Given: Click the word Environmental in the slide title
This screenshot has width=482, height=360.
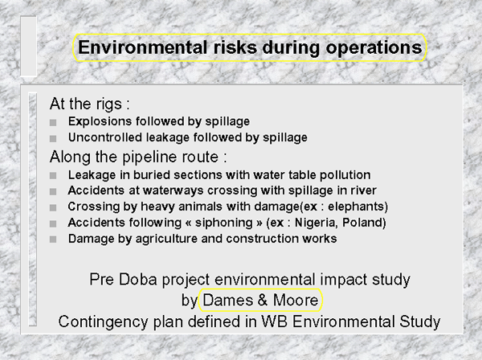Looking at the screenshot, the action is click(x=142, y=47).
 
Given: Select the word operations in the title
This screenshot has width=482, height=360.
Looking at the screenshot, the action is click(x=374, y=48).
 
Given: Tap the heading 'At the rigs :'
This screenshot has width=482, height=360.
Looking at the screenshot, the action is click(x=89, y=104).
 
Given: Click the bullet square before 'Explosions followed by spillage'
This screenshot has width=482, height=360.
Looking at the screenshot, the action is click(x=53, y=122).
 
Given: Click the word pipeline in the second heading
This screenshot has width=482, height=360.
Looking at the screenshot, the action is click(x=152, y=157).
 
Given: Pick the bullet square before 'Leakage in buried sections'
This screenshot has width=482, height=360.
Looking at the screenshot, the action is click(x=53, y=175).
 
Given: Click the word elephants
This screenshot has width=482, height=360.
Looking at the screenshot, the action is click(x=356, y=207).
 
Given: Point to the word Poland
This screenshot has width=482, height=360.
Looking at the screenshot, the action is click(x=361, y=223).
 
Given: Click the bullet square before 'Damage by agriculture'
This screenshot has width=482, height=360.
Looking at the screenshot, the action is click(x=53, y=239).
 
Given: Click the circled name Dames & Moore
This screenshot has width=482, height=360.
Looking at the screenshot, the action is click(x=260, y=300).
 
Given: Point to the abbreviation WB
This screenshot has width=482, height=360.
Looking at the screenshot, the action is click(x=275, y=321).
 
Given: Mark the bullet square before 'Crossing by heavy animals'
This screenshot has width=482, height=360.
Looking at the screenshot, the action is click(x=53, y=207).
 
